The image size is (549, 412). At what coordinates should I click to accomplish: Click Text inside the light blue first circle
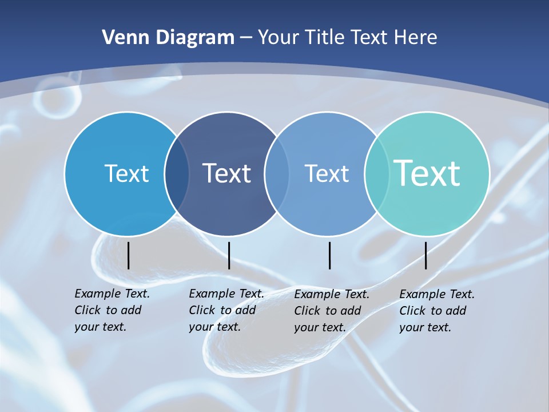tap(126, 173)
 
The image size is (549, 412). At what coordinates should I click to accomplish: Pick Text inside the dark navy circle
tap(227, 173)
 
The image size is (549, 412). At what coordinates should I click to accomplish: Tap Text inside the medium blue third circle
tap(327, 173)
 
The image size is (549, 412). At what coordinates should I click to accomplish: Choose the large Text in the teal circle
tap(427, 173)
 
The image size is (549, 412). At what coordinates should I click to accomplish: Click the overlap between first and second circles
tap(177, 174)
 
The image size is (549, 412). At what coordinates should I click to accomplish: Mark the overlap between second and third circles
tap(277, 174)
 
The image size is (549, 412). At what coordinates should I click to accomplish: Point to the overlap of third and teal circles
tap(376, 174)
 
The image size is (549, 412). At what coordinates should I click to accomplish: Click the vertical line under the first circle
tap(129, 255)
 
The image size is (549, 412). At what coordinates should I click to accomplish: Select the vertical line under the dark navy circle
tap(229, 255)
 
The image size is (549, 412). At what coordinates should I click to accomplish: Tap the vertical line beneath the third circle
tap(330, 255)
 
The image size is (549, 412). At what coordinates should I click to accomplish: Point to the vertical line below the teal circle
tap(425, 255)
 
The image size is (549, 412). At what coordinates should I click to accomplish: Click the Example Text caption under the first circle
tap(112, 310)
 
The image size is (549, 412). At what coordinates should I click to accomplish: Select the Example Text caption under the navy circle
tap(226, 310)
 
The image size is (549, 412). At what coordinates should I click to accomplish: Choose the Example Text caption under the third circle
tap(331, 311)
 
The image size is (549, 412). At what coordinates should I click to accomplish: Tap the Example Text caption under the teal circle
tap(436, 311)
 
